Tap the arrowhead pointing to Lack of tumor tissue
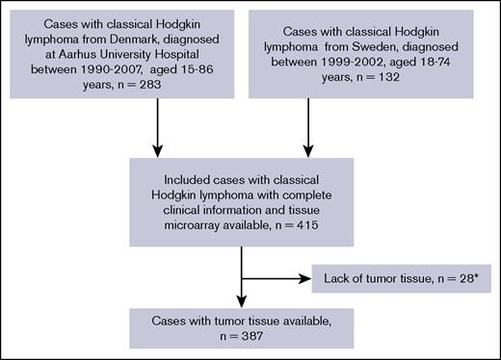304,279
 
